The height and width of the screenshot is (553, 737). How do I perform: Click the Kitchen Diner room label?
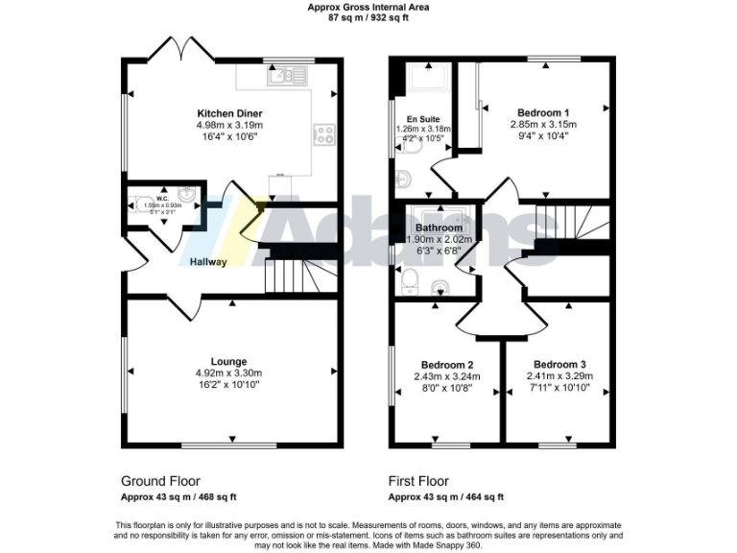[x=230, y=112]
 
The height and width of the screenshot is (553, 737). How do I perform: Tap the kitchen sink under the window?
[x=288, y=75]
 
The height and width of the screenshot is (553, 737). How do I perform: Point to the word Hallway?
[x=207, y=262]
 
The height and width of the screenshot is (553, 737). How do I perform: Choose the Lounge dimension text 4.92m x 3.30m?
[x=229, y=373]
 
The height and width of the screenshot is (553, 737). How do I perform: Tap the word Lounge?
[x=229, y=362]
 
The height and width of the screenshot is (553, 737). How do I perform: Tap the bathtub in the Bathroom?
[x=439, y=216]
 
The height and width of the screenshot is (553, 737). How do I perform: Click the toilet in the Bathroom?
[x=408, y=278]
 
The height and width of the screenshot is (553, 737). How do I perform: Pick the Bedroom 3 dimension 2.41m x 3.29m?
[x=561, y=376]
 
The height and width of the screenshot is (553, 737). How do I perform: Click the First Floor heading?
[x=418, y=481]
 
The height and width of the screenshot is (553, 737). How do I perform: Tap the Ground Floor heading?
[x=160, y=481]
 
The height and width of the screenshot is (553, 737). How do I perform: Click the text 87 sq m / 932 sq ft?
[x=368, y=17]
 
